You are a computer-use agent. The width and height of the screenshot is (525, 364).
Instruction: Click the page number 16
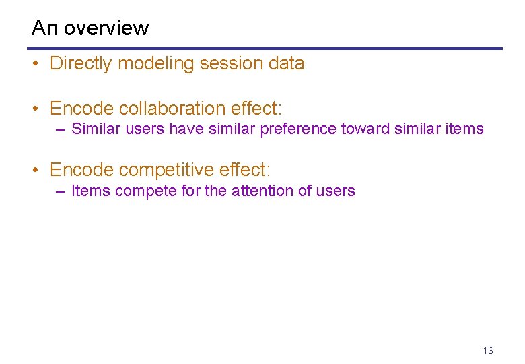click(488, 351)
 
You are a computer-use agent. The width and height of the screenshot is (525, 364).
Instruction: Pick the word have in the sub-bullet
click(184, 129)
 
